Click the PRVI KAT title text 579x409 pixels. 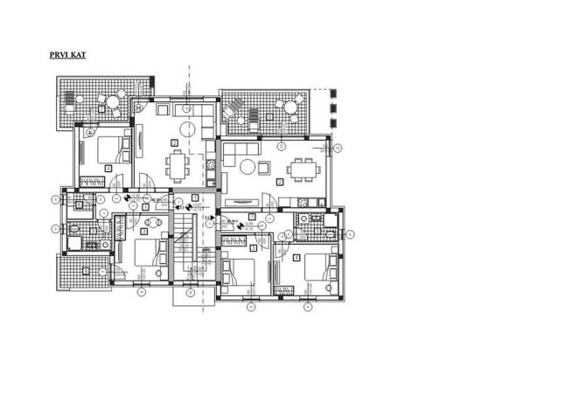click(67, 54)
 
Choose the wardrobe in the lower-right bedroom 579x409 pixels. click(285, 289)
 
